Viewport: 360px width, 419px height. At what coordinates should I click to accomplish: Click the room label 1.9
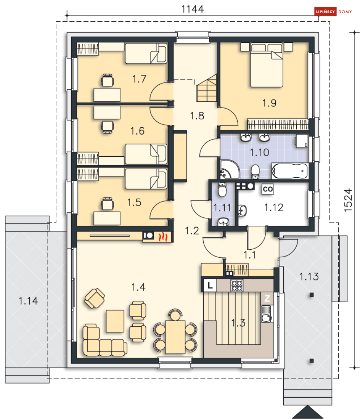(x=269, y=103)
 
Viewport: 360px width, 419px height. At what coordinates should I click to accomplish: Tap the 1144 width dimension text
(x=192, y=9)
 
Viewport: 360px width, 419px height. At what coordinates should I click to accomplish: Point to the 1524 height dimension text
(x=348, y=200)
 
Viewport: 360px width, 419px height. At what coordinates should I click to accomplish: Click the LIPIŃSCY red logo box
(x=325, y=12)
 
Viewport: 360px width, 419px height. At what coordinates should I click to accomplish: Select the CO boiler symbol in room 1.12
(x=267, y=189)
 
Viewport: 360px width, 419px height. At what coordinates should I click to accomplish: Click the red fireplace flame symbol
(x=163, y=237)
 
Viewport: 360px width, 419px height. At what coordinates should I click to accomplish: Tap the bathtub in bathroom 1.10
(x=290, y=171)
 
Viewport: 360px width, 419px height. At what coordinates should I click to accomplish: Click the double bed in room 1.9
(x=266, y=65)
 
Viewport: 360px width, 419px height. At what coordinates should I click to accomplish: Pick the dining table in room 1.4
(x=175, y=337)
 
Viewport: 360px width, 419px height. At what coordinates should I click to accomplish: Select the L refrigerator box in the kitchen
(x=210, y=285)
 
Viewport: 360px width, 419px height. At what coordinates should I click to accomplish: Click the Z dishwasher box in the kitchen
(x=267, y=298)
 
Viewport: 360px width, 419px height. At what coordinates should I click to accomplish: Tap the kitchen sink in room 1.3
(x=267, y=314)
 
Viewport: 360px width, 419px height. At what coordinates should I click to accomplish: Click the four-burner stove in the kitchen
(x=237, y=285)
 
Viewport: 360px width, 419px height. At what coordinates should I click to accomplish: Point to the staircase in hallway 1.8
(x=207, y=88)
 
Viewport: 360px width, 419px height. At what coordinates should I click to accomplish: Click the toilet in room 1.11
(x=223, y=190)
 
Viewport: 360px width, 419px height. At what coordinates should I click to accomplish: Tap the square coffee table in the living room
(x=115, y=321)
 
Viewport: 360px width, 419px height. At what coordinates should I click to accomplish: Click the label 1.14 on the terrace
(x=28, y=301)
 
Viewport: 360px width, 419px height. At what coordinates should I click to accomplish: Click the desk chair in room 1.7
(x=107, y=80)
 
